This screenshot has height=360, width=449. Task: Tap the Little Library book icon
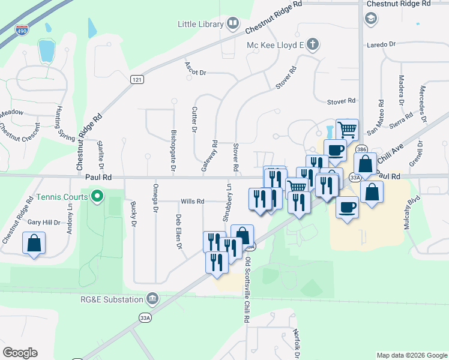(x=233, y=24)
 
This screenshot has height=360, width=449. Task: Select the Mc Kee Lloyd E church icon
(x=312, y=44)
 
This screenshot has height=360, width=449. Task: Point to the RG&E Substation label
(x=112, y=299)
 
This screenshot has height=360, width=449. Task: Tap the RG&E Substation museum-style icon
(x=152, y=299)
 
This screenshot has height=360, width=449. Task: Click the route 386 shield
(x=361, y=149)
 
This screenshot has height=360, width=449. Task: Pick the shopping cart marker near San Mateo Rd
(x=347, y=129)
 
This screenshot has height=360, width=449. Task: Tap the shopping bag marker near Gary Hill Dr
(x=34, y=244)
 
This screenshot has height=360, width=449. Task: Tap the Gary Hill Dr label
(x=44, y=223)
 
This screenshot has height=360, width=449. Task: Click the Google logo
(x=20, y=353)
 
